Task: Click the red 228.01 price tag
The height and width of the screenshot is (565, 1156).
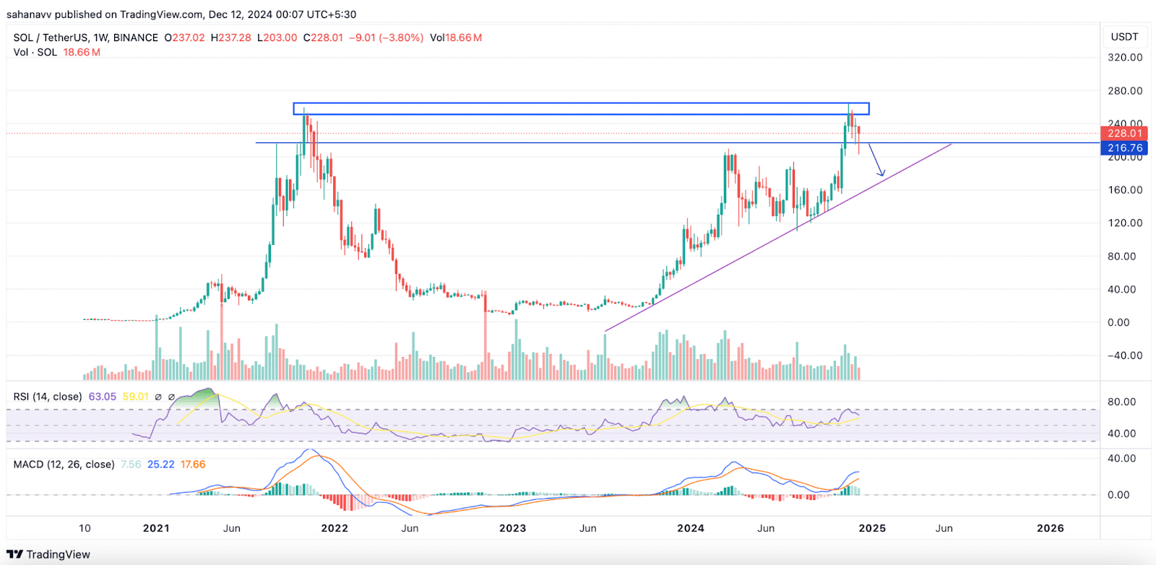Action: (1124, 133)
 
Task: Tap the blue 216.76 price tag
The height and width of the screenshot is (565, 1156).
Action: (1124, 148)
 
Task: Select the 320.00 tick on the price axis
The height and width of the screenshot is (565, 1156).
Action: (1125, 57)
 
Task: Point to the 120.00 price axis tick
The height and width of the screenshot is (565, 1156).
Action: (1125, 223)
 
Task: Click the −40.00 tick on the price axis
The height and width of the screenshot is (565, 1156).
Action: (1125, 355)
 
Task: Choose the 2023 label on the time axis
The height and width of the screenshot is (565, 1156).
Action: (512, 528)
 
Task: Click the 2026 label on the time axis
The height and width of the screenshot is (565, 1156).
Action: (1050, 528)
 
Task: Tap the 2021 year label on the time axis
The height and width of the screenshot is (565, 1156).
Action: (156, 528)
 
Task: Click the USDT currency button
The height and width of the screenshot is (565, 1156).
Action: (1124, 37)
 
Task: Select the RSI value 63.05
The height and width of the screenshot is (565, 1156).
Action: (102, 397)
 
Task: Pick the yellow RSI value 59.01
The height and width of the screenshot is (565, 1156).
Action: (135, 397)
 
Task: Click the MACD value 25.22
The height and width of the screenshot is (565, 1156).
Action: (160, 465)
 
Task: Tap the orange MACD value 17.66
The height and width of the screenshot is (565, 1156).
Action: (193, 465)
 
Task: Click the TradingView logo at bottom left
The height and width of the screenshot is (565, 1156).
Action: (48, 554)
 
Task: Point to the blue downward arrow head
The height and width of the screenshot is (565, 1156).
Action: (881, 173)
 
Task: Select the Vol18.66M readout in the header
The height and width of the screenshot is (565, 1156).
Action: (455, 38)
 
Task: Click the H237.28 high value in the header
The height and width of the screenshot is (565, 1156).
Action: (230, 38)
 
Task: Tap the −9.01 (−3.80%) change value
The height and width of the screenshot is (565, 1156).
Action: (386, 38)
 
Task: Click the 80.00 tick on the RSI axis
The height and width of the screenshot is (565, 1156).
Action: (1121, 402)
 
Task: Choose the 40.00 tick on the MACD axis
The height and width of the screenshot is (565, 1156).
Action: (1121, 458)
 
